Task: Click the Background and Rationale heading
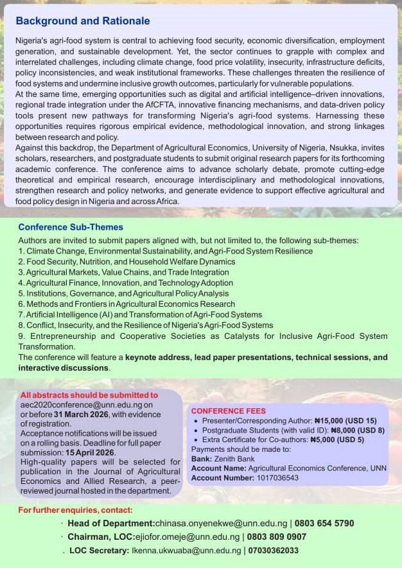click(x=83, y=21)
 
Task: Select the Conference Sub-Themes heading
click(x=71, y=227)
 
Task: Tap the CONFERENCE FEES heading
click(x=228, y=411)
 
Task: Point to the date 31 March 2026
click(x=80, y=415)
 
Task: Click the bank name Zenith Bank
click(x=236, y=459)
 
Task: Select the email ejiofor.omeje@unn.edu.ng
click(x=188, y=537)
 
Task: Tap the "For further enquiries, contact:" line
click(x=75, y=510)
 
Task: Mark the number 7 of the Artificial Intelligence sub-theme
click(x=21, y=314)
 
